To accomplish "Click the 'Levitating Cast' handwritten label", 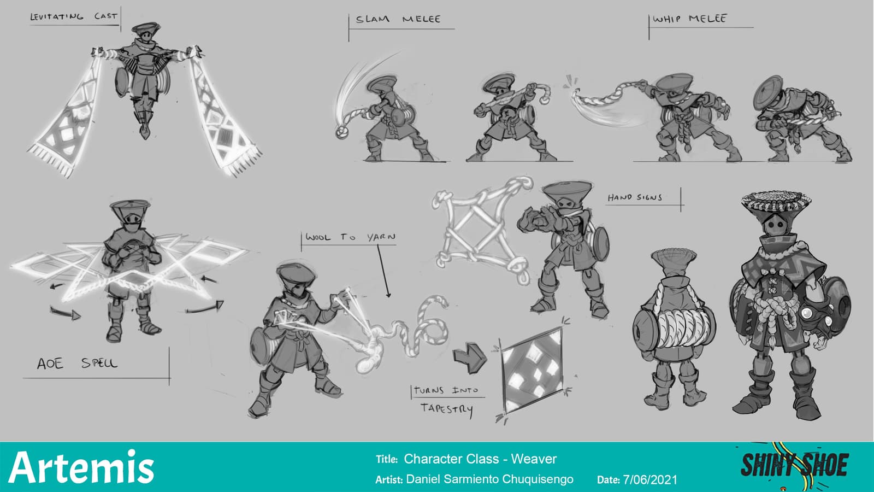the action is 74,16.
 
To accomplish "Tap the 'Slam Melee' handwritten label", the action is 398,19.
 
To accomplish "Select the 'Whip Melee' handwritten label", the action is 689,19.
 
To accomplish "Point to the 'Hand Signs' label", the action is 635,197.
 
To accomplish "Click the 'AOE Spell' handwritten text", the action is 77,364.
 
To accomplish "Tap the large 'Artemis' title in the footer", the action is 81,467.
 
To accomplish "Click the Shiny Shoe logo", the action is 795,465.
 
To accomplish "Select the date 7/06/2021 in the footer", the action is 650,479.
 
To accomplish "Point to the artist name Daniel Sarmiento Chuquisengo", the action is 489,479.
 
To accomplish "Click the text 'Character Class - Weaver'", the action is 480,459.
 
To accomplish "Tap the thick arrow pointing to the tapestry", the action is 469,358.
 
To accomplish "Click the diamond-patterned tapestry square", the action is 532,370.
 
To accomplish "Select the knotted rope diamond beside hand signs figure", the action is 483,230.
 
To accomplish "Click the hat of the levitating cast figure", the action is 146,27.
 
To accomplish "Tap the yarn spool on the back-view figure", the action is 674,329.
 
